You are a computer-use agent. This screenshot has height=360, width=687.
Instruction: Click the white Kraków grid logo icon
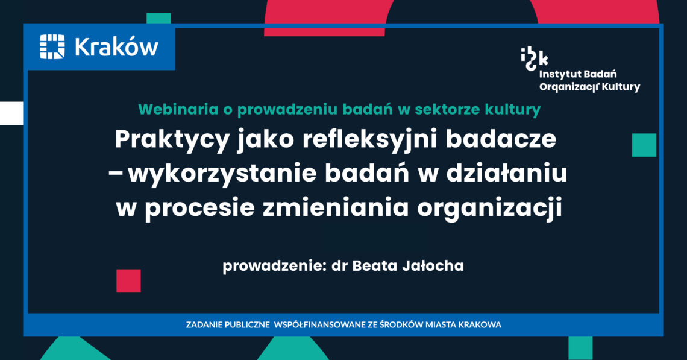point(52,46)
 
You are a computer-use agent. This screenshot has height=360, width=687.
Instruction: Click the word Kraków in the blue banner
point(116,46)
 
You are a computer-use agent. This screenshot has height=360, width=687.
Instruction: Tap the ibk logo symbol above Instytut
point(534,59)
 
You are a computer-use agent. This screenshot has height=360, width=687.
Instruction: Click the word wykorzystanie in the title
point(222,174)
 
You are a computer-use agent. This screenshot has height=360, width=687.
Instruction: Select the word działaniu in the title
point(507,173)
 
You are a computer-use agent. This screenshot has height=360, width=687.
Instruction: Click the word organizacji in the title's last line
point(489,209)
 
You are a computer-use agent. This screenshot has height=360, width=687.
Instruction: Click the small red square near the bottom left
point(128,280)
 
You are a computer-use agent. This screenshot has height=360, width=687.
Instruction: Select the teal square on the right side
point(644,145)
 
